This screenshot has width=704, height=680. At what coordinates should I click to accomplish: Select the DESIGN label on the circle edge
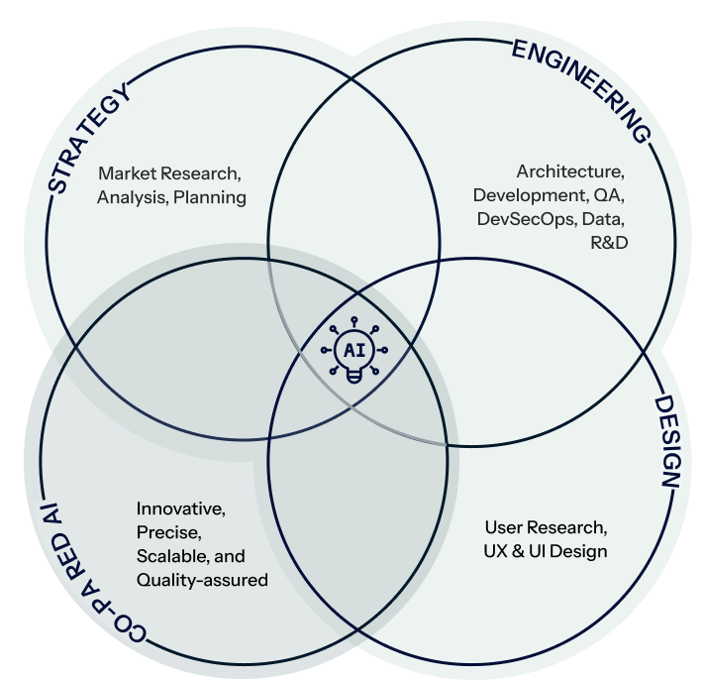tap(668, 441)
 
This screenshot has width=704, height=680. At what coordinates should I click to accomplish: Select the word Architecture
tap(570, 170)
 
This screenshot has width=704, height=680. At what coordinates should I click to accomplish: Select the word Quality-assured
tap(202, 580)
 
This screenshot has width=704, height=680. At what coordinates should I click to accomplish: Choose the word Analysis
tap(131, 196)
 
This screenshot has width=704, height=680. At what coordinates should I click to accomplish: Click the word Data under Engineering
tap(602, 218)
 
